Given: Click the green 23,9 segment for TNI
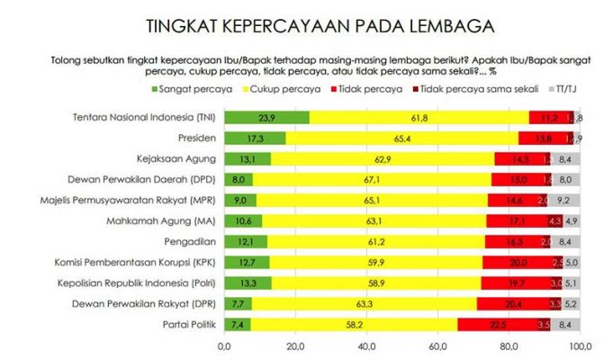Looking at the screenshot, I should click(266, 117).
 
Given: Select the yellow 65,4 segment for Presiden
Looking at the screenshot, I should click(401, 138).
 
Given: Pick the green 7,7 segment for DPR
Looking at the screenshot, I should click(238, 303).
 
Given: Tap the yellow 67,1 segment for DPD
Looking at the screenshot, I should click(372, 179).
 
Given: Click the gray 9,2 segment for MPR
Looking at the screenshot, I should click(564, 200).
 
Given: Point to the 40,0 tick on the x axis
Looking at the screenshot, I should click(366, 346).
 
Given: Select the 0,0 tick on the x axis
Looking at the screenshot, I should click(224, 346).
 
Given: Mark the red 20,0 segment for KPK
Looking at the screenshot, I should click(518, 262).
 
